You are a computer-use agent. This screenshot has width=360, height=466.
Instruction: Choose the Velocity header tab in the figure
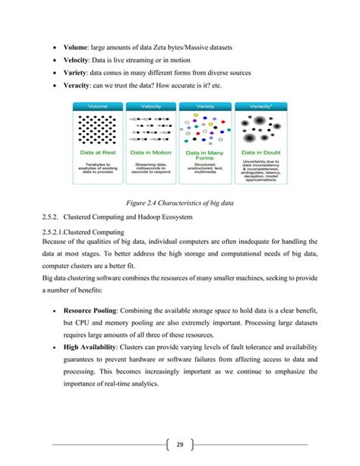pos(152,105)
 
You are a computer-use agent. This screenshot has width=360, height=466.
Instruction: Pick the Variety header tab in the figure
pos(205,105)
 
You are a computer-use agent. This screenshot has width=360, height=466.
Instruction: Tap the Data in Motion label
pos(152,152)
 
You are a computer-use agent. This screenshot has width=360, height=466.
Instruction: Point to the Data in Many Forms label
pos(205,154)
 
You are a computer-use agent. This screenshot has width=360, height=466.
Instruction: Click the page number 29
pos(180,444)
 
